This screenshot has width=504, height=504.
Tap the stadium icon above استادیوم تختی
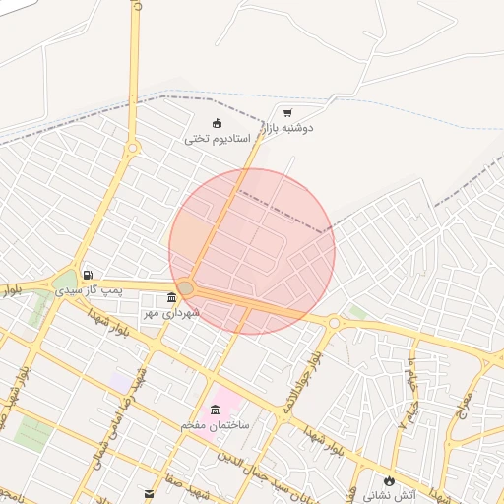pyautogui.click(x=218, y=123)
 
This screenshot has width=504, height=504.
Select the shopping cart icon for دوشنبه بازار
pyautogui.click(x=287, y=113)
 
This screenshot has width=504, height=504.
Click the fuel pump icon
pyautogui.click(x=89, y=275)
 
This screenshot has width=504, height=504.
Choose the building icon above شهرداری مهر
pyautogui.click(x=172, y=297)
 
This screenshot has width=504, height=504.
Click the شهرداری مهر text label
pyautogui.click(x=171, y=312)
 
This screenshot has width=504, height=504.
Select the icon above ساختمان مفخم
pyautogui.click(x=215, y=409)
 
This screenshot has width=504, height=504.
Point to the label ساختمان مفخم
pyautogui.click(x=216, y=424)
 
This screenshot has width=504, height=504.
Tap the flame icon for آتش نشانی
pyautogui.click(x=392, y=480)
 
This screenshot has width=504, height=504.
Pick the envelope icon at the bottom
pyautogui.click(x=149, y=491)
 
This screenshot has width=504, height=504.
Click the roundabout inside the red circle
pyautogui.click(x=187, y=287)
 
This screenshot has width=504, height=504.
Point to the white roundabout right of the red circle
pyautogui.click(x=334, y=322)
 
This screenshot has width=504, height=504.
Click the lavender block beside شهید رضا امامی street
pyautogui.click(x=119, y=380)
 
